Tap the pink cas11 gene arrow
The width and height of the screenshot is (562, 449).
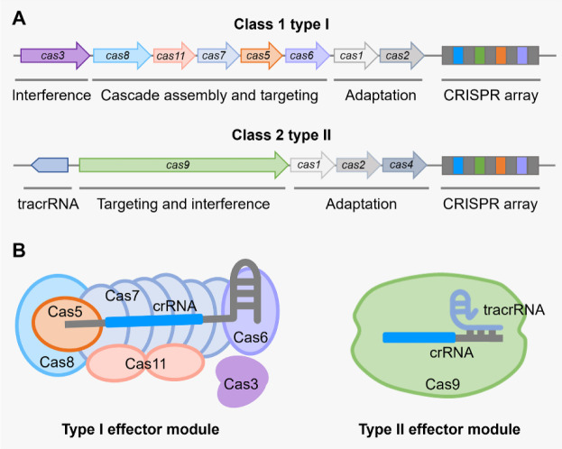pos(172,56)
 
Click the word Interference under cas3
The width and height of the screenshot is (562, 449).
pos(51,95)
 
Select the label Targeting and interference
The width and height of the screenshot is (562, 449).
pos(184,204)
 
